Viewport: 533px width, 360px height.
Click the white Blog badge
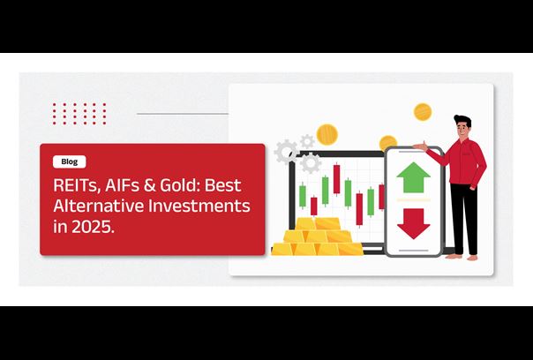(70, 161)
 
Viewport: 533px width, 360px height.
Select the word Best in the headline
(223, 185)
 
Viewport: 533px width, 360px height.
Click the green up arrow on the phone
(413, 177)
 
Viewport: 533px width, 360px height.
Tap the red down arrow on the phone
(413, 224)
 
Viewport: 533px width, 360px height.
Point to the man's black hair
(462, 121)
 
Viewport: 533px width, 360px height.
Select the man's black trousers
(465, 219)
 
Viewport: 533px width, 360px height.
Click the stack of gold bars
(317, 237)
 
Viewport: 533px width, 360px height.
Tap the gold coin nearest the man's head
(423, 112)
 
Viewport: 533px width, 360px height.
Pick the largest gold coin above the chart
(327, 134)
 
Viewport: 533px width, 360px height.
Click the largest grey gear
(286, 152)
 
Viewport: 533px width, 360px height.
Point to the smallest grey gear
(307, 141)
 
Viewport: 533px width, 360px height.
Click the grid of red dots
(79, 114)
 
